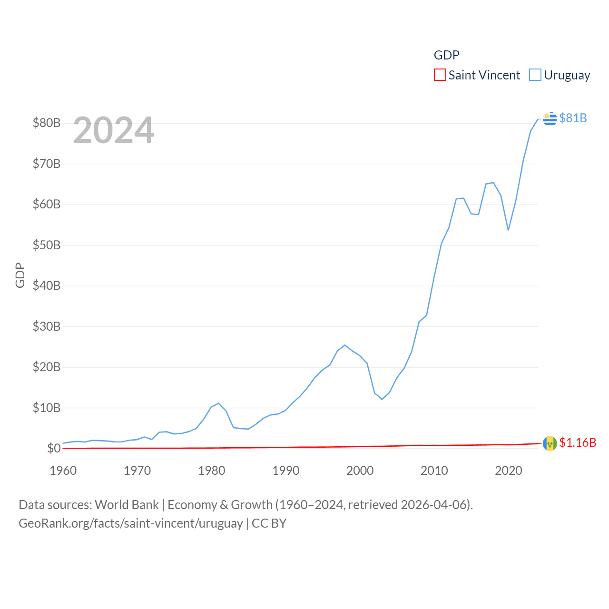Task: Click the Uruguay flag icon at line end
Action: [x=550, y=118]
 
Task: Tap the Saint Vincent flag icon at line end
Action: [x=550, y=443]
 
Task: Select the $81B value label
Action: [x=573, y=118]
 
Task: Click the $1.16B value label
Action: [x=578, y=442]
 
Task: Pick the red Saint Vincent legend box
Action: [x=440, y=75]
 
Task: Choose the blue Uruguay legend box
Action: [x=535, y=75]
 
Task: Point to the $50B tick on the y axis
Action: [x=47, y=246]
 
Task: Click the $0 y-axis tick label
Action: [x=54, y=448]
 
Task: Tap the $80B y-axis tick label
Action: [x=47, y=123]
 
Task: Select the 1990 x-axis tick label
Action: [x=286, y=471]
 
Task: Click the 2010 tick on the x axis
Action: [x=434, y=471]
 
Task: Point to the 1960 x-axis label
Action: [x=63, y=471]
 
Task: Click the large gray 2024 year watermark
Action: [x=114, y=130]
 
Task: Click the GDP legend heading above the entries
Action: [x=446, y=55]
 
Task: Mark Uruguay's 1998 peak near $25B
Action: [x=345, y=345]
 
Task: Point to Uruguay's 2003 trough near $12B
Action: [x=382, y=399]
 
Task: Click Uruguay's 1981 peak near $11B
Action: [x=219, y=403]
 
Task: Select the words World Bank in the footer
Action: [x=127, y=505]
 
